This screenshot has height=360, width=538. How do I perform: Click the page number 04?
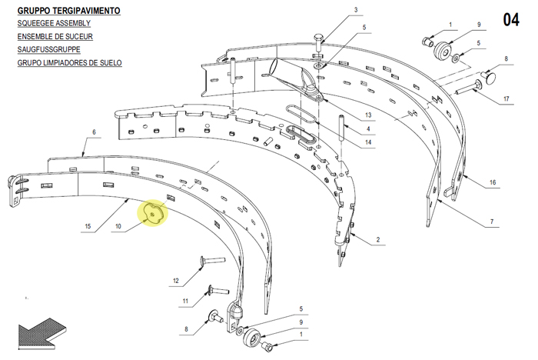(511, 20)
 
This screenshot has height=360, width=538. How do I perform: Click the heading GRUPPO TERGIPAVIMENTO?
(68, 11)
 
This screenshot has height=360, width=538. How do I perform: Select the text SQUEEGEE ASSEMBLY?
(54, 23)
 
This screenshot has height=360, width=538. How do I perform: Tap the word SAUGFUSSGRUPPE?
(48, 49)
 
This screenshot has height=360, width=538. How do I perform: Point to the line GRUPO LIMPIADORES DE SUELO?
(70, 63)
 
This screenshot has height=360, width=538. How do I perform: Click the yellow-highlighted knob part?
(153, 212)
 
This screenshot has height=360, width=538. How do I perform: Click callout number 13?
(368, 115)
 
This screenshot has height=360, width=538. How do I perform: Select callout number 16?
(493, 182)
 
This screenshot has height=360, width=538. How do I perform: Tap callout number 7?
(492, 222)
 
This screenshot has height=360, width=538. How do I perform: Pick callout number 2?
(378, 239)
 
